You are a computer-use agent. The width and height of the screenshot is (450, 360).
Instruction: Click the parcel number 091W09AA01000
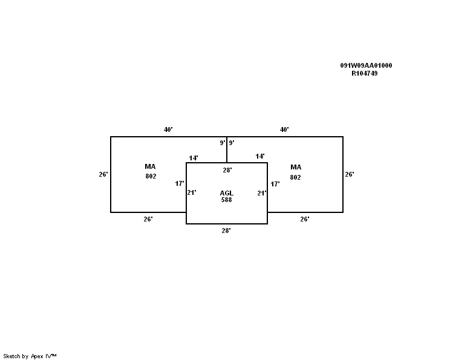366,65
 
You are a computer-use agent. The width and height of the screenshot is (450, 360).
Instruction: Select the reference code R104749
365,73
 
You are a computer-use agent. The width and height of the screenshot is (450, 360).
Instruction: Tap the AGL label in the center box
226,193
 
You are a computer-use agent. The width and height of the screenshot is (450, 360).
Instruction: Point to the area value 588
226,200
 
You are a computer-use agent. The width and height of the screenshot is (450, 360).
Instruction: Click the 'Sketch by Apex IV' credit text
30,356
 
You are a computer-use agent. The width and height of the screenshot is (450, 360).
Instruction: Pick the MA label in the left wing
150,166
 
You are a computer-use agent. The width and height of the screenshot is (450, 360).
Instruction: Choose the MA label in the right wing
296,167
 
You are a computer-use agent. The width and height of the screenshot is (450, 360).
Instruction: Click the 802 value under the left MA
151,176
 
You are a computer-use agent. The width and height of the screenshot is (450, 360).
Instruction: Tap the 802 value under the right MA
295,177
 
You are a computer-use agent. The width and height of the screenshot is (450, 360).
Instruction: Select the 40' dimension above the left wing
168,129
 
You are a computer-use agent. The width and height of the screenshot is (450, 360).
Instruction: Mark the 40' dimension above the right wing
284,129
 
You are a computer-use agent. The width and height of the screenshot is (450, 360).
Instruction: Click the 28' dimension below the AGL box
226,231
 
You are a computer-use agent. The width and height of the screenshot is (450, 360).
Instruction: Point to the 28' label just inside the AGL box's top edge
227,170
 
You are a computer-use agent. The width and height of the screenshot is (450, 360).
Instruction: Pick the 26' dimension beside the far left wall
103,174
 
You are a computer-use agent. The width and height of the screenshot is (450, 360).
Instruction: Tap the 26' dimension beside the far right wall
350,174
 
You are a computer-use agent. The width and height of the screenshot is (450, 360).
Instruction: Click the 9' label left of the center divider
223,143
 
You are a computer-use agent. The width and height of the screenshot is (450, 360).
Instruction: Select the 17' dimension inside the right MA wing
275,184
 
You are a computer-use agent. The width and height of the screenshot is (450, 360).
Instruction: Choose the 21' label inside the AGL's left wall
192,192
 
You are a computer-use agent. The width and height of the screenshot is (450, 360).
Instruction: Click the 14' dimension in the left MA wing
194,158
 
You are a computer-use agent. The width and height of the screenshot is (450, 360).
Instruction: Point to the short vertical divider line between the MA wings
227,150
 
